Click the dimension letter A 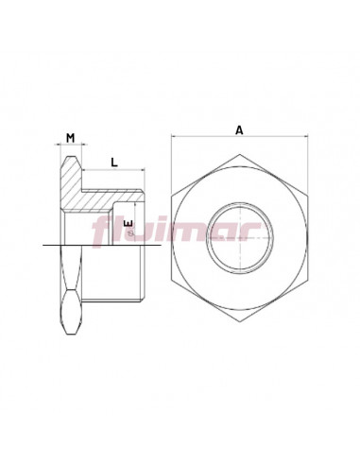pyautogui.click(x=240, y=129)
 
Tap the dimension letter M pyautogui.click(x=71, y=138)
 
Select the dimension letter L pyautogui.click(x=114, y=163)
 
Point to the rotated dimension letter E pyautogui.click(x=129, y=224)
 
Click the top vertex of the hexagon pyautogui.click(x=240, y=154)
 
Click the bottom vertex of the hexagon pyautogui.click(x=240, y=321)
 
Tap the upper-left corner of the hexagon pyautogui.click(x=172, y=197)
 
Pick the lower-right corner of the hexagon pyautogui.click(x=308, y=280)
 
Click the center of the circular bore pyautogui.click(x=240, y=238)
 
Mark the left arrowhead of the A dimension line pyautogui.click(x=174, y=136)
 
